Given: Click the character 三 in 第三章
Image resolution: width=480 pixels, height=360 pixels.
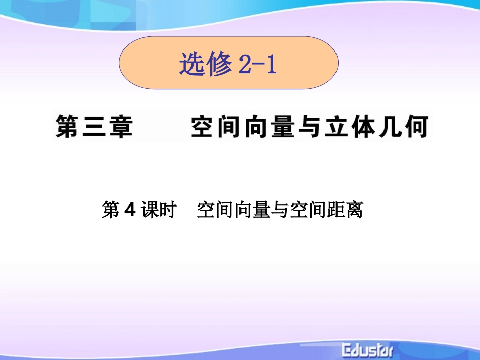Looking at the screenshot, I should click(94, 126).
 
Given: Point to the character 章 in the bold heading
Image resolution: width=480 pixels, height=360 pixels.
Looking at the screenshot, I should click(120, 126).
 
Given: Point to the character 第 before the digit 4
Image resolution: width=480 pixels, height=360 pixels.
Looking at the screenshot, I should click(110, 210).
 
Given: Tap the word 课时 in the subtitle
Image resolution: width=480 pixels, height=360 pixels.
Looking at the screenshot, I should click(158, 210).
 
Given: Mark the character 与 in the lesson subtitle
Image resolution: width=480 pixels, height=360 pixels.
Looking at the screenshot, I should click(280, 210).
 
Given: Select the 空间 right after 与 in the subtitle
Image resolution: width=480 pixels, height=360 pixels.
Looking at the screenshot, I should click(308, 210).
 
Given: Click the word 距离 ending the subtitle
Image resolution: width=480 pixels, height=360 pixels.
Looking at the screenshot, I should click(346, 210).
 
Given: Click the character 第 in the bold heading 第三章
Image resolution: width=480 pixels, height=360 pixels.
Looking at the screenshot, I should click(69, 126).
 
